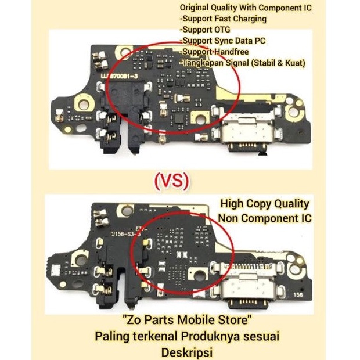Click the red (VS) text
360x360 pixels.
click(172, 181)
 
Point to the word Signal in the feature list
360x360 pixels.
click(237, 63)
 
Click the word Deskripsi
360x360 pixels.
click(187, 352)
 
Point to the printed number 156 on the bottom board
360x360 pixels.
click(298, 294)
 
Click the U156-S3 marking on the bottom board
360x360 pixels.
click(125, 235)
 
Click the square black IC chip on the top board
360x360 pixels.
click(179, 119)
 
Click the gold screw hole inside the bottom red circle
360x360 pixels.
click(199, 274)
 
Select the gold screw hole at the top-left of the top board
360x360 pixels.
click(124, 51)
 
